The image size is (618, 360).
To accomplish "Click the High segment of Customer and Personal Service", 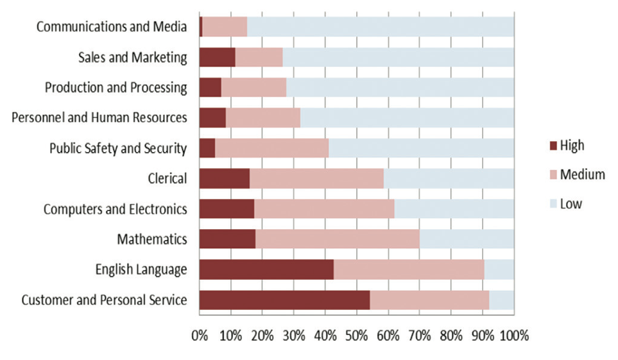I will click(284, 300).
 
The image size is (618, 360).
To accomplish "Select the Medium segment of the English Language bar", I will click(409, 270).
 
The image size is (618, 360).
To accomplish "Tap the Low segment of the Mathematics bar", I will click(467, 239).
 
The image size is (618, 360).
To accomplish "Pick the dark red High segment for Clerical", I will click(224, 178).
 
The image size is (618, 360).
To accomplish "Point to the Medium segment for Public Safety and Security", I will click(271, 148).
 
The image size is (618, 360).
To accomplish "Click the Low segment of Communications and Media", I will click(380, 27).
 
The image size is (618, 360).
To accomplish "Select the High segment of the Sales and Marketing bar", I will click(217, 57).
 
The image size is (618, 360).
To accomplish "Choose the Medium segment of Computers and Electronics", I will click(324, 209).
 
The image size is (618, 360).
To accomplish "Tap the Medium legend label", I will click(582, 174).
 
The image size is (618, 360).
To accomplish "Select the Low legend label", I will click(571, 203).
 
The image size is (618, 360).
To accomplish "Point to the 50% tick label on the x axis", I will click(357, 336).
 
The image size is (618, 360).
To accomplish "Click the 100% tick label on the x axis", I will click(515, 336).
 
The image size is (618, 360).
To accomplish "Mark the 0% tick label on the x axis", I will click(200, 336).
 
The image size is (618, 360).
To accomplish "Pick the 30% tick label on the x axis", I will click(294, 336).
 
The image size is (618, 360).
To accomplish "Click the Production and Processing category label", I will click(116, 88).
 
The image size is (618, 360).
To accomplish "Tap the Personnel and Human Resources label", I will click(99, 118).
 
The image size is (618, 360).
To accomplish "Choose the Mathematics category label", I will click(151, 239).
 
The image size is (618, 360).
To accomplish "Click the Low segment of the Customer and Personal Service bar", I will click(501, 300).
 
